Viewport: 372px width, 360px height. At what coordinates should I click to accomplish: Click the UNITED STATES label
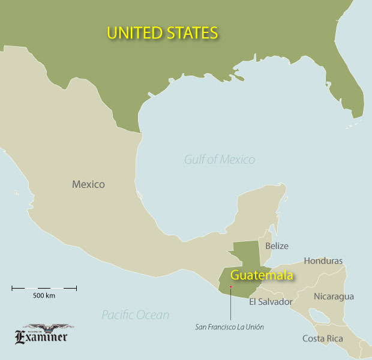click(x=162, y=32)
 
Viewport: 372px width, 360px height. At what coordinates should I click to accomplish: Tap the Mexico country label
click(x=88, y=184)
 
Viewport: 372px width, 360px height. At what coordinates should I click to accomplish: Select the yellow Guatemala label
click(x=262, y=276)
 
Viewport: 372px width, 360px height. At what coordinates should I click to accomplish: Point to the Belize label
click(x=277, y=246)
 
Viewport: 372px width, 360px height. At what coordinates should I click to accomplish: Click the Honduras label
click(x=323, y=261)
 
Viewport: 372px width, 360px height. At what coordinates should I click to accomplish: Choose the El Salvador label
click(x=270, y=302)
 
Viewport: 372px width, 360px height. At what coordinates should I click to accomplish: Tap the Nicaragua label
click(x=334, y=296)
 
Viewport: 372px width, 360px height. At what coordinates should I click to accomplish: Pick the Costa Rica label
click(x=322, y=339)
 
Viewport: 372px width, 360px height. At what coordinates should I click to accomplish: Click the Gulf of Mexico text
click(x=219, y=160)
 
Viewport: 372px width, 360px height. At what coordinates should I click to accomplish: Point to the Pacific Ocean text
click(x=135, y=315)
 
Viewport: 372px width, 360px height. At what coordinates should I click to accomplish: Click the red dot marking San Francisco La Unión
click(x=230, y=287)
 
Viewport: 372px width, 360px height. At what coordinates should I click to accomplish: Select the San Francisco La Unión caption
click(x=229, y=327)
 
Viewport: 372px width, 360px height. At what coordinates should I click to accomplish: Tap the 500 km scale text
click(x=44, y=296)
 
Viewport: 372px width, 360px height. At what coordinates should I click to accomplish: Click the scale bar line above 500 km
click(x=44, y=289)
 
